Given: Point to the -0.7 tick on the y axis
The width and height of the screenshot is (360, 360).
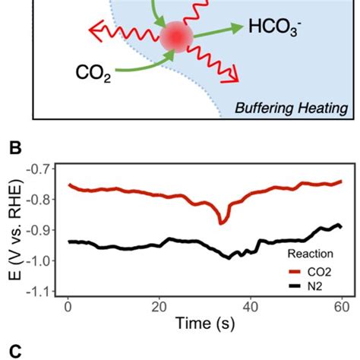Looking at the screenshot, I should point(42,167).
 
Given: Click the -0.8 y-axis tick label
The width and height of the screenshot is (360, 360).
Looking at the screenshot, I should point(42,199).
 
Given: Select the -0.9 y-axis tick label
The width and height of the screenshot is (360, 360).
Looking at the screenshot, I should point(42,230).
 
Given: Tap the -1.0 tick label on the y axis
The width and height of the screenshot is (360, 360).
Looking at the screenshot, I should point(42,261).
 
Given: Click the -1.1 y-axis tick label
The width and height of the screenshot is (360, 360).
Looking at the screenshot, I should point(42,292).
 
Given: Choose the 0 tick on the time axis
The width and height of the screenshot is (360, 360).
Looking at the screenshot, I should point(68,307).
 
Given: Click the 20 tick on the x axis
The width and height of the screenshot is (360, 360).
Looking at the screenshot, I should point(159,307).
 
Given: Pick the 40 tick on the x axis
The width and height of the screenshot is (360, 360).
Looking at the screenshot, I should point(250,307).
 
